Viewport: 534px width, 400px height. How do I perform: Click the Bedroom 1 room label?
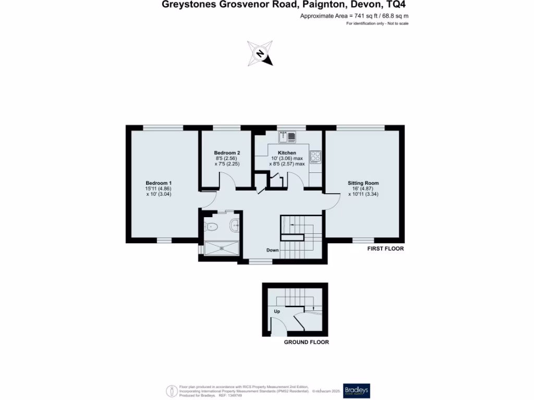point(159,183)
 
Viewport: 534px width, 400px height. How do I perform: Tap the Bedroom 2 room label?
point(227,153)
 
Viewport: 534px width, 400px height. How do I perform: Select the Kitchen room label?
point(287,153)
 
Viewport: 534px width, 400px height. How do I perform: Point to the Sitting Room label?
point(363,183)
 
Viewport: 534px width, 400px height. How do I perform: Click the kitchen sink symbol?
point(287,137)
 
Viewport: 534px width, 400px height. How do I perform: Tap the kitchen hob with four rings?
point(315,156)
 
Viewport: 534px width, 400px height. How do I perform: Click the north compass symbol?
point(260,54)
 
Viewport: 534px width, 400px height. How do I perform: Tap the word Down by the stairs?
point(273,251)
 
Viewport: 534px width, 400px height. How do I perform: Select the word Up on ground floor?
point(277,311)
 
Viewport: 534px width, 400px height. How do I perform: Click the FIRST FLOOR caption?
point(385,249)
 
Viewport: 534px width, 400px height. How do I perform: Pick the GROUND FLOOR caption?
point(306,342)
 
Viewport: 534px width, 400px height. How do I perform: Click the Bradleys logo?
point(357,391)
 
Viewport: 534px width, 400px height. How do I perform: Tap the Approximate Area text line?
point(354,16)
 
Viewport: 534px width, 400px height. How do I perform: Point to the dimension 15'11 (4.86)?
point(159,189)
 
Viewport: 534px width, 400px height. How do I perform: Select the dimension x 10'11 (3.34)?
point(363,194)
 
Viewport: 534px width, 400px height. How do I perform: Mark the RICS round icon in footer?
point(171,391)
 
